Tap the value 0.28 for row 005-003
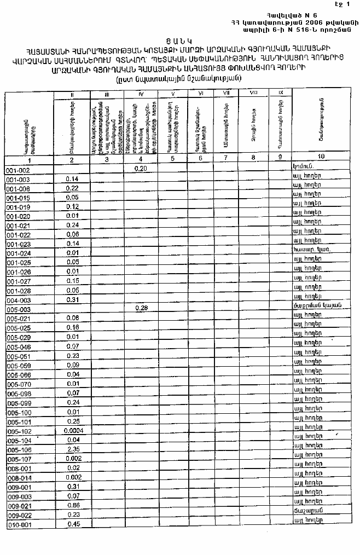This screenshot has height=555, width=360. (141, 309)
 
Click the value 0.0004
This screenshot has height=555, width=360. (73, 432)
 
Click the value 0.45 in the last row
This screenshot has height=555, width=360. (73, 524)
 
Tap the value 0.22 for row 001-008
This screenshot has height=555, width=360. (73, 188)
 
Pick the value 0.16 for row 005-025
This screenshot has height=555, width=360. (73, 327)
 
